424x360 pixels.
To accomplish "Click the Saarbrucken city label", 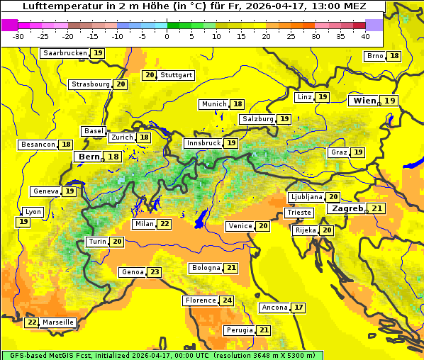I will click(x=65, y=53).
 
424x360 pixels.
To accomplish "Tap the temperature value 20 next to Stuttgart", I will click(x=149, y=75).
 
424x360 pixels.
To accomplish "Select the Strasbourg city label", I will click(x=91, y=84).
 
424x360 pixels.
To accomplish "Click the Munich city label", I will click(x=214, y=104).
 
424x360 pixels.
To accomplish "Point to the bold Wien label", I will click(x=364, y=101).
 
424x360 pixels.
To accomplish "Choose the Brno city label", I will click(x=374, y=56).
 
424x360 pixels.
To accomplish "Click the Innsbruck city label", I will click(x=203, y=143).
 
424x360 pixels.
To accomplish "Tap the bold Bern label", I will click(x=89, y=157).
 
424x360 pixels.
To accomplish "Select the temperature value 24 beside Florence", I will click(x=227, y=300).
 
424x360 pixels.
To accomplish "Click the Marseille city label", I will click(x=58, y=322).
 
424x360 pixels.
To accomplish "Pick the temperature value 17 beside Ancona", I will click(x=299, y=308).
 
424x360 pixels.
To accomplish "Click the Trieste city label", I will click(x=299, y=213).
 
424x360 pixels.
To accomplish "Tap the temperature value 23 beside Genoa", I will click(x=155, y=272).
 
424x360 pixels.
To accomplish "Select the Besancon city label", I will click(x=38, y=145).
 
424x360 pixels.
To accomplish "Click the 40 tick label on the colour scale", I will click(x=365, y=36).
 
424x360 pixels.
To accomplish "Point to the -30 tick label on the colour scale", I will click(x=18, y=36).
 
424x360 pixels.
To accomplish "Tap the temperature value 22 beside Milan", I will click(x=164, y=224).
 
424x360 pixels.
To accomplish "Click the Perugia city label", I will click(x=239, y=330).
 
